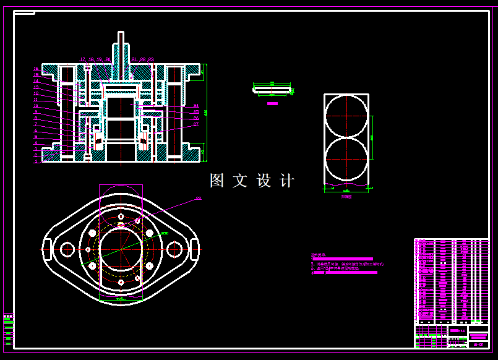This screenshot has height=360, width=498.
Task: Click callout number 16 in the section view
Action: click(x=36, y=69)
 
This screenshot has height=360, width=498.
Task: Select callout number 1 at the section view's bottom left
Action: click(x=36, y=161)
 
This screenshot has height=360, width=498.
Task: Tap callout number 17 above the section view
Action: click(x=82, y=59)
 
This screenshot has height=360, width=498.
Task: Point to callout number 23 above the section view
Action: click(x=151, y=59)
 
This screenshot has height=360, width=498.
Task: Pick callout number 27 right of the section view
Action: click(x=196, y=124)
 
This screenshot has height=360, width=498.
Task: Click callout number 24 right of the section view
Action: click(x=196, y=106)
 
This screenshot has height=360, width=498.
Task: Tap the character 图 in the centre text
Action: click(x=217, y=181)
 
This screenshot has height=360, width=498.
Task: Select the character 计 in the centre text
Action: click(x=287, y=181)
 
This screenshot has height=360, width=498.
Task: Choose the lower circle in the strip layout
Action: click(x=346, y=160)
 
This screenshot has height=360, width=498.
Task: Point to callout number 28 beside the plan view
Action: click(x=199, y=199)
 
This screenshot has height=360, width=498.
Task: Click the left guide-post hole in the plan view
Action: click(x=67, y=249)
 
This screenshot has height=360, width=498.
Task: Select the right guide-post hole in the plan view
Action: click(x=175, y=249)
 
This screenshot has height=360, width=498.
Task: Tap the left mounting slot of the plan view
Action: click(x=46, y=249)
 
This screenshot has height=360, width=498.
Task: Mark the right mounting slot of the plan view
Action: click(x=195, y=249)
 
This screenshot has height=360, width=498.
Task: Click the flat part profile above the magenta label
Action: click(x=272, y=90)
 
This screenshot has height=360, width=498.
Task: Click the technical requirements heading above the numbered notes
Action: click(x=318, y=254)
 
